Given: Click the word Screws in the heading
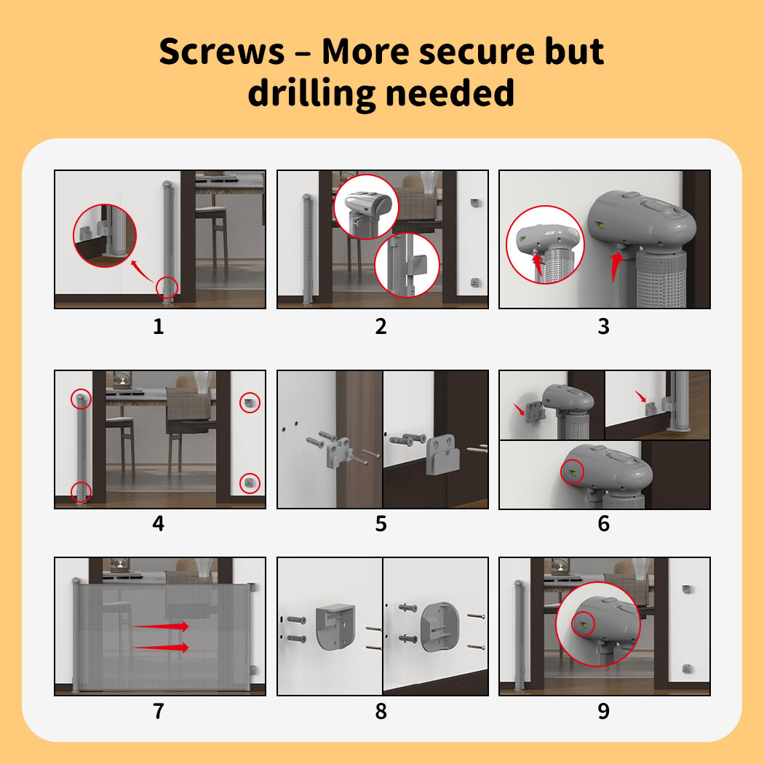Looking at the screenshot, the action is (x=222, y=52).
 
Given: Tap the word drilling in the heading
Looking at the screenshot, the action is (x=312, y=92).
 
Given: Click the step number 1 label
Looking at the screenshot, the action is (x=159, y=326).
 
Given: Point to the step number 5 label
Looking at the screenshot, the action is (x=381, y=524).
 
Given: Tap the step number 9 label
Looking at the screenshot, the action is (x=604, y=711).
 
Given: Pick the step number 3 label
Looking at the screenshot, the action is (x=604, y=326).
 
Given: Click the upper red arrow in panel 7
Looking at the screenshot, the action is (x=161, y=626).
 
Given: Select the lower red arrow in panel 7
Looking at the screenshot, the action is (x=161, y=647).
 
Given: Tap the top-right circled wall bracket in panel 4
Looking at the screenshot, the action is (x=250, y=402).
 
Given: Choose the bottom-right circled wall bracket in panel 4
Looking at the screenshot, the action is (x=250, y=483).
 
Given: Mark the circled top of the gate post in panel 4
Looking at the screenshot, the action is (x=81, y=399).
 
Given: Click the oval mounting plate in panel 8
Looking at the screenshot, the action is (x=439, y=626).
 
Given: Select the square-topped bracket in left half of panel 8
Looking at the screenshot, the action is (x=335, y=626).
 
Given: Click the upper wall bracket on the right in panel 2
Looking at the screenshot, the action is (x=475, y=202).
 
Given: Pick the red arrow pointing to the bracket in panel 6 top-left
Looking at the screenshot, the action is (x=520, y=409).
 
